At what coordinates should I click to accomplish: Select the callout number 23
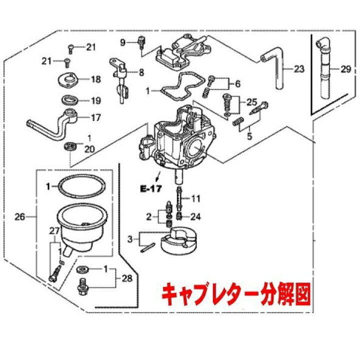tap(299, 69)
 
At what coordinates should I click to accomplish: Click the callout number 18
tap(95, 79)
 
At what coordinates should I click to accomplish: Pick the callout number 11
tap(195, 198)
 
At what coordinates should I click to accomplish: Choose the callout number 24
tap(195, 216)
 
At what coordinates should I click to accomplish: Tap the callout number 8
tap(141, 72)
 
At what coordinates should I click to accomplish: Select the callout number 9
tap(122, 41)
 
